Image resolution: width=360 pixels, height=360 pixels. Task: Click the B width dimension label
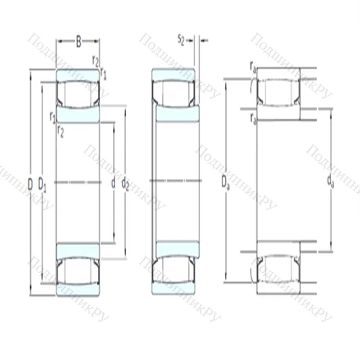(78, 42)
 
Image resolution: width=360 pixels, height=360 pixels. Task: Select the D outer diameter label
(30, 184)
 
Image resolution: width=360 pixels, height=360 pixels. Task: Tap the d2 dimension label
(125, 184)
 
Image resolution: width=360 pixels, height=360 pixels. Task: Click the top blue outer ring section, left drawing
(78, 75)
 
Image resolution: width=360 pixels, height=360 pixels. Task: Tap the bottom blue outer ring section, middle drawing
(174, 289)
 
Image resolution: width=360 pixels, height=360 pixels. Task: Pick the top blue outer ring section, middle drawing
(174, 74)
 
